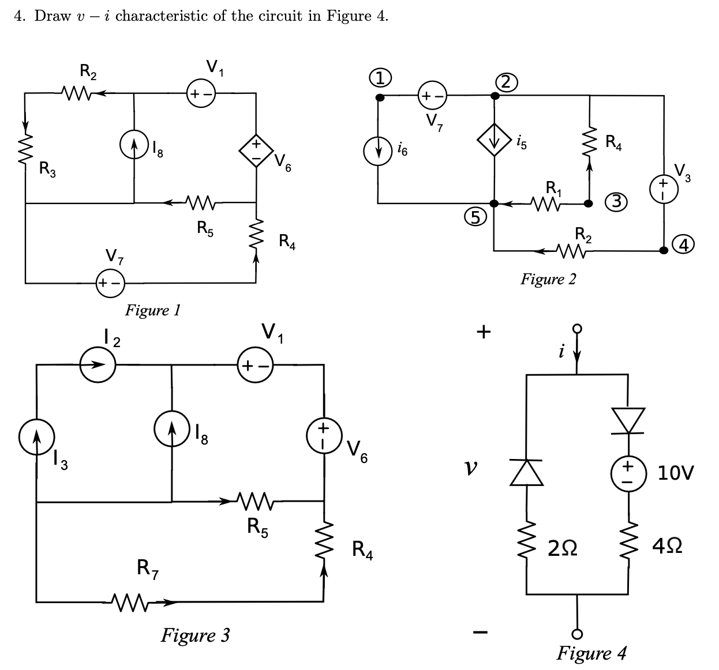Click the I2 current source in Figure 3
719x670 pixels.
(x=98, y=365)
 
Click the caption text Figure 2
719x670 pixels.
(x=548, y=280)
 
